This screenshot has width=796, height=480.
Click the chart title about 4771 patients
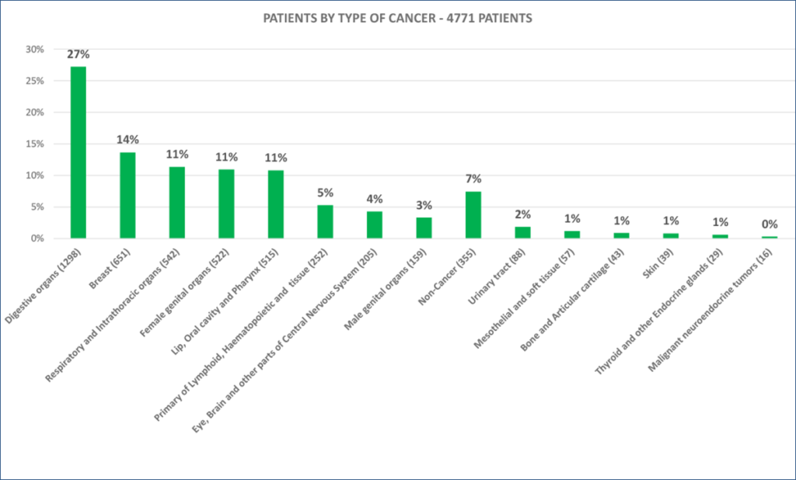pos(397,19)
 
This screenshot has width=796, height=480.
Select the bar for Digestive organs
pos(79,152)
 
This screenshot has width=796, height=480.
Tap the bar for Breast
pos(127,196)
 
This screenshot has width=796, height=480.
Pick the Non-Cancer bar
pos(473,214)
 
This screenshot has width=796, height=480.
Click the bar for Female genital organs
pos(226,203)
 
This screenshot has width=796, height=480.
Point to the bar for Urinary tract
pos(523,232)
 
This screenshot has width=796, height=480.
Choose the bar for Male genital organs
pos(424,228)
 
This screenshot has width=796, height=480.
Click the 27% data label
pos(79,54)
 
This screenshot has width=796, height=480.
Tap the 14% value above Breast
pos(127,140)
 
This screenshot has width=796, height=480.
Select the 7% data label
pos(473,179)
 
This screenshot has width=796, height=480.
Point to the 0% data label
pos(770,224)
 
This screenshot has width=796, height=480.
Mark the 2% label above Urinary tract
pos(523,214)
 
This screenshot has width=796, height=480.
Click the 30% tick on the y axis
pos(35,49)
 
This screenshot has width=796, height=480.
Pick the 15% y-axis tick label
pos(35,144)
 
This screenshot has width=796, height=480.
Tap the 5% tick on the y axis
pos(37,207)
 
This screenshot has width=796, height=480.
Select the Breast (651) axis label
pos(110,269)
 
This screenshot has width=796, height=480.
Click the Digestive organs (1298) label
pos(44,286)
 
